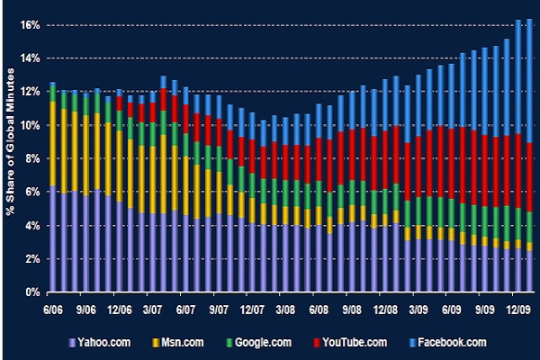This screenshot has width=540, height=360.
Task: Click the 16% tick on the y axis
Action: tap(29, 25)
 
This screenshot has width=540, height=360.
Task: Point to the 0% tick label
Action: tap(31, 292)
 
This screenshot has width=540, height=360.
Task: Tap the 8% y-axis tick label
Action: tap(31, 159)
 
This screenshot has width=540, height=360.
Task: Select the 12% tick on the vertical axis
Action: tap(29, 92)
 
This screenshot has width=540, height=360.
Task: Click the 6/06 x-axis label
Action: tap(52, 308)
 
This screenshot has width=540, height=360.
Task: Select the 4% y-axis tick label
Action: tap(31, 226)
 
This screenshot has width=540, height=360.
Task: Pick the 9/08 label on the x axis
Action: tap(363, 308)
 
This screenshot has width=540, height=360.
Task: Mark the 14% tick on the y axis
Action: tap(29, 58)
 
